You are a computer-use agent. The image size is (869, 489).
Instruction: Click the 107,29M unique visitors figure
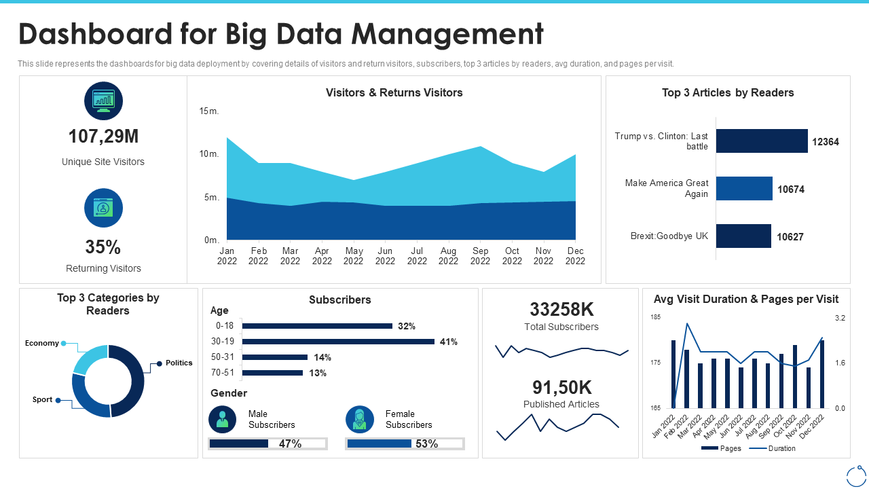[x=103, y=137]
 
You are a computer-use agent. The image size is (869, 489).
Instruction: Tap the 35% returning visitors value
[x=103, y=247]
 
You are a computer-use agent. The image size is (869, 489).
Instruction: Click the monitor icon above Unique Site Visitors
[x=103, y=101]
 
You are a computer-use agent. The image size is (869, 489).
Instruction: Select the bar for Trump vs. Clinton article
[x=761, y=141]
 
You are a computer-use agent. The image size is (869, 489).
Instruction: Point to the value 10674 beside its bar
[x=791, y=189]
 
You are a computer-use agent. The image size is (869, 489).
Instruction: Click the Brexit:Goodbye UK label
[x=669, y=236]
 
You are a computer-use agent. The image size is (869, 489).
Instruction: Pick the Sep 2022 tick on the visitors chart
[x=480, y=255]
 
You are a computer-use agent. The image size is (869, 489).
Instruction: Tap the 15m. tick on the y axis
[x=208, y=111]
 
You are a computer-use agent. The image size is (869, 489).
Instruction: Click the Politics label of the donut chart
[x=179, y=363]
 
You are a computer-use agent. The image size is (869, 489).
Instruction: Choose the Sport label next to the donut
[x=42, y=399]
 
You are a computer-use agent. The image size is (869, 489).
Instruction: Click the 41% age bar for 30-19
[x=338, y=342]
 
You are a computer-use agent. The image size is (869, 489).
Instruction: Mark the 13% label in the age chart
[x=318, y=373]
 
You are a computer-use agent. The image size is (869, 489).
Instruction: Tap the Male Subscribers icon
[x=223, y=419]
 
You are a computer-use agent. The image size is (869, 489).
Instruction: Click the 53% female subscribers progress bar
[x=405, y=443]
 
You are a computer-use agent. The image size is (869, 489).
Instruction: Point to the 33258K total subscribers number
[x=561, y=310]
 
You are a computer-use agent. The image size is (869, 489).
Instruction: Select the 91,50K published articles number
[x=561, y=387]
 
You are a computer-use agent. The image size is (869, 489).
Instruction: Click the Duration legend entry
[x=781, y=448]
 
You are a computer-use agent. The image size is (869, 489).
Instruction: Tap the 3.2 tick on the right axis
[x=840, y=318]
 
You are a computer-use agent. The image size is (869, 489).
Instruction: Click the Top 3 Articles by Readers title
[x=728, y=93]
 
